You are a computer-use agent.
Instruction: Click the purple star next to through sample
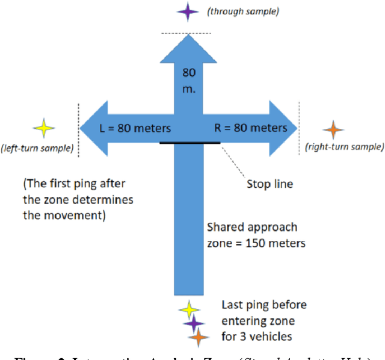pyautogui.click(x=188, y=11)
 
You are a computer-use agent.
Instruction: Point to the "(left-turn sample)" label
pyautogui.click(x=37, y=147)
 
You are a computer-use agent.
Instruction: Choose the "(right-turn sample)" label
pyautogui.click(x=344, y=146)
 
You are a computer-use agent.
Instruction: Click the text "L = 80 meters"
pyautogui.click(x=135, y=128)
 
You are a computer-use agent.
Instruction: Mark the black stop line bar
pyautogui.click(x=189, y=143)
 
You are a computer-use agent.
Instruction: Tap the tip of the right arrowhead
pyautogui.click(x=297, y=128)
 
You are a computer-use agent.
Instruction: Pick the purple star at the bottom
pyautogui.click(x=194, y=324)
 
